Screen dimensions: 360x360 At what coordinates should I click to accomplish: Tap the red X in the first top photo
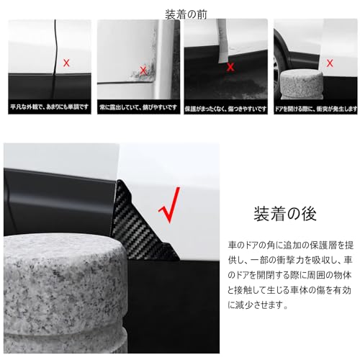click(67, 63)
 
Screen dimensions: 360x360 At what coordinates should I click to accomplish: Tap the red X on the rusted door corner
click(144, 70)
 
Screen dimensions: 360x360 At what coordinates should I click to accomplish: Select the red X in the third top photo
click(230, 67)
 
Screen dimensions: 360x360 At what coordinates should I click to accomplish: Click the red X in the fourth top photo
click(330, 63)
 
